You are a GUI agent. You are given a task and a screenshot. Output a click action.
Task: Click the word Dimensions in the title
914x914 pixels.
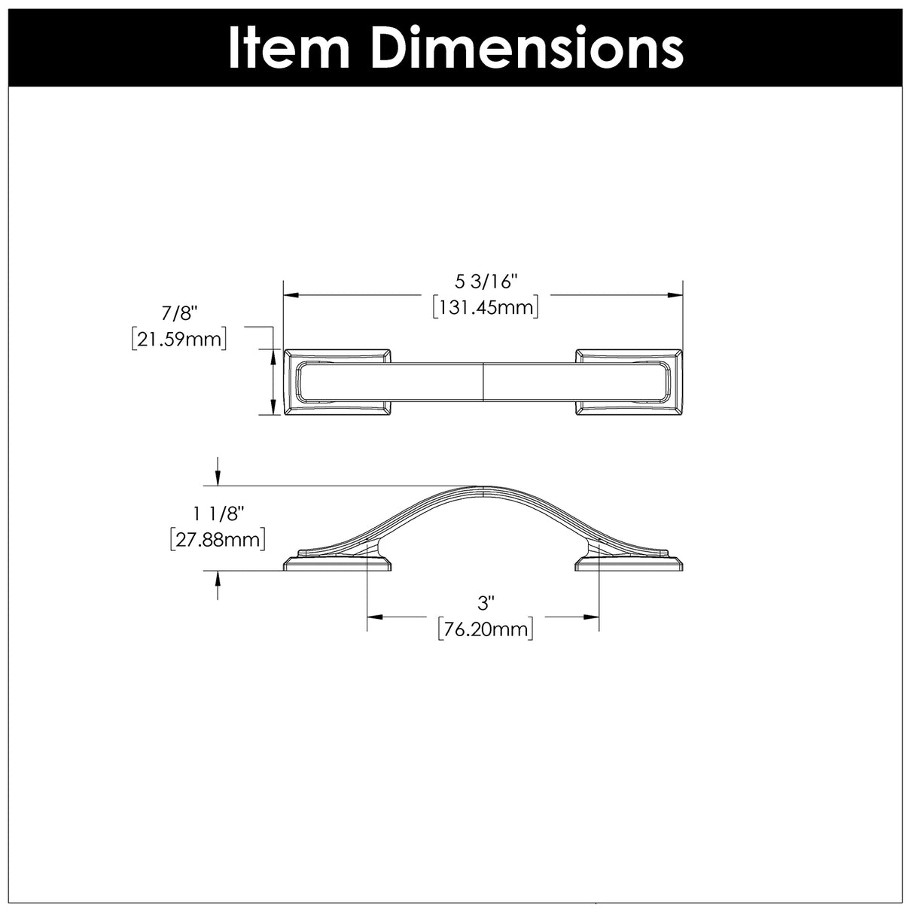click(527, 48)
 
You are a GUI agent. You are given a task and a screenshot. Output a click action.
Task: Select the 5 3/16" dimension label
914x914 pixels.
click(487, 282)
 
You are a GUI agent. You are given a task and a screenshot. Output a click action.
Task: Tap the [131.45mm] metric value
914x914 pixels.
click(486, 307)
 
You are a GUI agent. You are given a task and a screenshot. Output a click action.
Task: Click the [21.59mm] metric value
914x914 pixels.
click(178, 339)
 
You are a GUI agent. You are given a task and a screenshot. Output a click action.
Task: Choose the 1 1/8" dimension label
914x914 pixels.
click(218, 514)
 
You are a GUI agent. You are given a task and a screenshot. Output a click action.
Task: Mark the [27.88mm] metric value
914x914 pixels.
click(218, 539)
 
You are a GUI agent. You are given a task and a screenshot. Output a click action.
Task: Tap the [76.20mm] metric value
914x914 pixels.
click(486, 629)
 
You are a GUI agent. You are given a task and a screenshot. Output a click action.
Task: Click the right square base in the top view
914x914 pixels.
click(629, 382)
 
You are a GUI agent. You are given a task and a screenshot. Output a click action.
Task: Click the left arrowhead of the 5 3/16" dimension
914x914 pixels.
click(289, 295)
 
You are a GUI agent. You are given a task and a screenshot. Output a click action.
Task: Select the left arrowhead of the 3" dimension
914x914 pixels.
click(372, 617)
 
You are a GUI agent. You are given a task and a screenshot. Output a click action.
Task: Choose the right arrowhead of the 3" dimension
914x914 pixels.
click(593, 617)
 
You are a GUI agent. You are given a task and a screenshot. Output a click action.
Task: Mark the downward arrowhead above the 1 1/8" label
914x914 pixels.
click(218, 480)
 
